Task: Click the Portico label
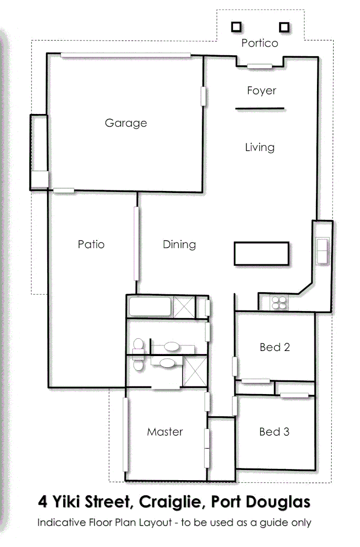click(259, 43)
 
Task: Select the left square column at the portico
click(236, 27)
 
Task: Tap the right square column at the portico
click(284, 27)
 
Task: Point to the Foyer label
click(261, 91)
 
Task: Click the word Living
click(260, 147)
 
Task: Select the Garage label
click(126, 123)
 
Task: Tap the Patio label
click(91, 244)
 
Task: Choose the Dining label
click(179, 245)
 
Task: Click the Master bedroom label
click(165, 432)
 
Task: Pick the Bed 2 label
click(274, 347)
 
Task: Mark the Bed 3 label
click(274, 432)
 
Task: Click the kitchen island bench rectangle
click(261, 253)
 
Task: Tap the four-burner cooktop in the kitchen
click(279, 303)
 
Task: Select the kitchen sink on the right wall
click(322, 251)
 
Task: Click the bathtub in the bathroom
click(150, 307)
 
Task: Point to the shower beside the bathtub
click(184, 307)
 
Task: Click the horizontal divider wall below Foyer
click(260, 108)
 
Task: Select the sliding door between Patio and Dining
click(136, 243)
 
